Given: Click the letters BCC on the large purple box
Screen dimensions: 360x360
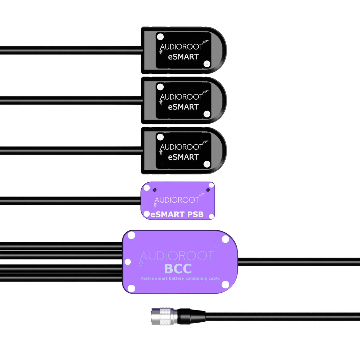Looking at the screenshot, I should (x=178, y=269).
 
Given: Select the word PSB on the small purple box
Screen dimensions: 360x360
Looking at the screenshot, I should (x=195, y=214).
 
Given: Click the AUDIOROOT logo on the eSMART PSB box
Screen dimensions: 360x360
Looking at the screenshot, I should (x=177, y=200).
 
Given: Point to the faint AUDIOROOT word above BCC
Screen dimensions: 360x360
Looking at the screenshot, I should (x=177, y=256).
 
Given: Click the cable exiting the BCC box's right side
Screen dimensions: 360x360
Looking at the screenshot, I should (x=297, y=262).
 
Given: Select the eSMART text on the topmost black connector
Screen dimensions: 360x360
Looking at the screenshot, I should (x=183, y=57).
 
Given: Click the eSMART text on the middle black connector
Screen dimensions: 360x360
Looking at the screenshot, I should (x=183, y=107).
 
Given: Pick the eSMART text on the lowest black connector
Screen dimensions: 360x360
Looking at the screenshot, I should (x=183, y=157).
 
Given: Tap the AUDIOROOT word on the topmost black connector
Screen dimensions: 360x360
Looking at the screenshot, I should (x=181, y=47).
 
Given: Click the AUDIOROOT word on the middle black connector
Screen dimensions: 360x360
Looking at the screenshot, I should (x=181, y=97).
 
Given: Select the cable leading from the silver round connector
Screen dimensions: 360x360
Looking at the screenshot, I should (x=282, y=316).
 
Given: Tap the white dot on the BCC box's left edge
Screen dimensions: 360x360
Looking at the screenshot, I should (x=128, y=262).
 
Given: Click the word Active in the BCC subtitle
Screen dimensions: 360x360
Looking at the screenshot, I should (x=147, y=278).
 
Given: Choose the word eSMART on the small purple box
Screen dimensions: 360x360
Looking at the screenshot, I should (x=168, y=214).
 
